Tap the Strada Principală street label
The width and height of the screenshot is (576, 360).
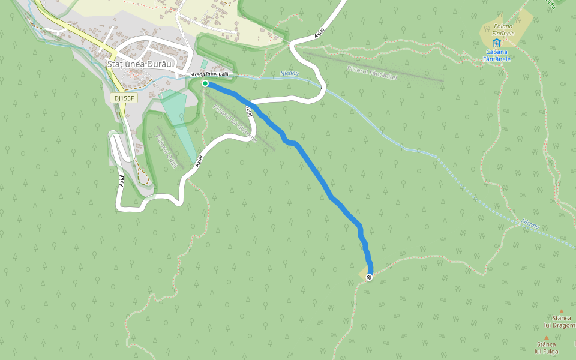click(209, 74)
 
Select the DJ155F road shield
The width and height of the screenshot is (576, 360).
click(124, 98)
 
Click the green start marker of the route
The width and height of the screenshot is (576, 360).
click(205, 83)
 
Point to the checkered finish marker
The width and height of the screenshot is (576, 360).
click(369, 277)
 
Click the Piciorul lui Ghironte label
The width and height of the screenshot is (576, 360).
click(235, 124)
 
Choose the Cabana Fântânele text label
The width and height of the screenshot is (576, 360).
click(497, 56)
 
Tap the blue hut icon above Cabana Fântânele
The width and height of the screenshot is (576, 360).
click(497, 43)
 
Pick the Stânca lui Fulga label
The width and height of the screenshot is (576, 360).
click(547, 348)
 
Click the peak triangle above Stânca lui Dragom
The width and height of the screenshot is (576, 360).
click(562, 311)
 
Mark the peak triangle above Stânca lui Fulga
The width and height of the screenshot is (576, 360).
click(546, 338)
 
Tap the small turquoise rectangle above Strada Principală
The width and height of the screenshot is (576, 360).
click(204, 64)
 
